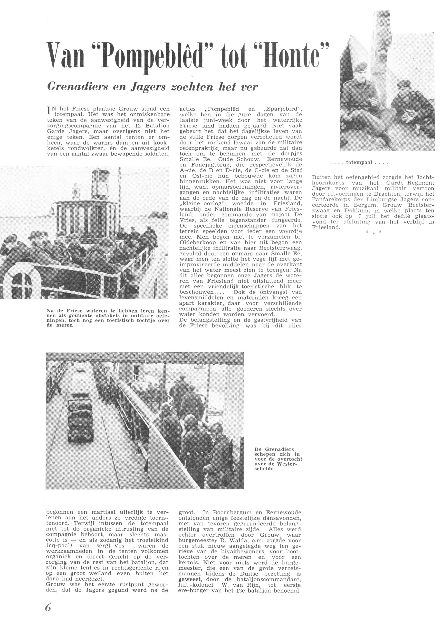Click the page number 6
click(48, 607)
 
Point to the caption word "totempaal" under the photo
click(359, 163)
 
